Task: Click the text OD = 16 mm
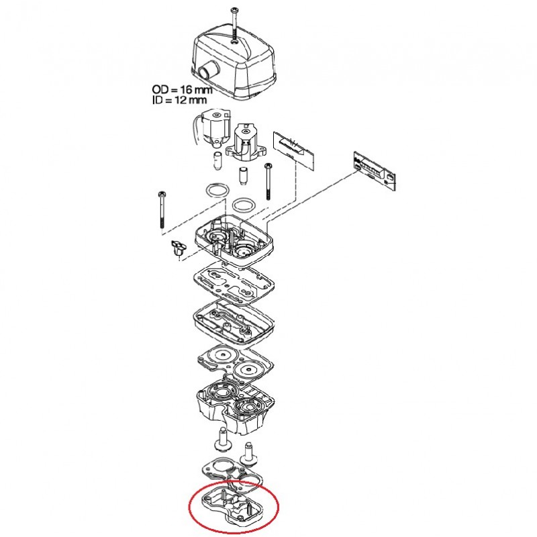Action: coord(182,90)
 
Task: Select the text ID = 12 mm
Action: coord(179,100)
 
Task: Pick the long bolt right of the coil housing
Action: coord(267,181)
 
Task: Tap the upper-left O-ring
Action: coord(217,190)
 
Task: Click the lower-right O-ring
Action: coord(244,205)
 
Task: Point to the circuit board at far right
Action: coord(375,171)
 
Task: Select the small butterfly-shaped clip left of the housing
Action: coord(179,248)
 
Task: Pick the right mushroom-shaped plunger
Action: coord(250,454)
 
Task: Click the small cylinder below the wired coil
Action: coord(217,160)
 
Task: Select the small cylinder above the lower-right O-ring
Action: coord(243,177)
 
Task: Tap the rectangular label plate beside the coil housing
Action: coord(294,148)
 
